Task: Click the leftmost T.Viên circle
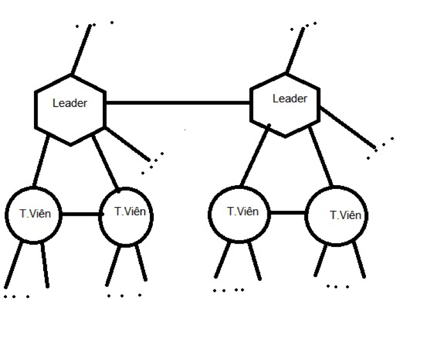coord(33,214)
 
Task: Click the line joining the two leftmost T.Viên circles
coord(81,214)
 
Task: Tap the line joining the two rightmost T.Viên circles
coord(288,213)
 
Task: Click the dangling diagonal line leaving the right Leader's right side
coord(347,127)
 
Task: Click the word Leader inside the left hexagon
coord(69,103)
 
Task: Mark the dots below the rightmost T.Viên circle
coord(338,287)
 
